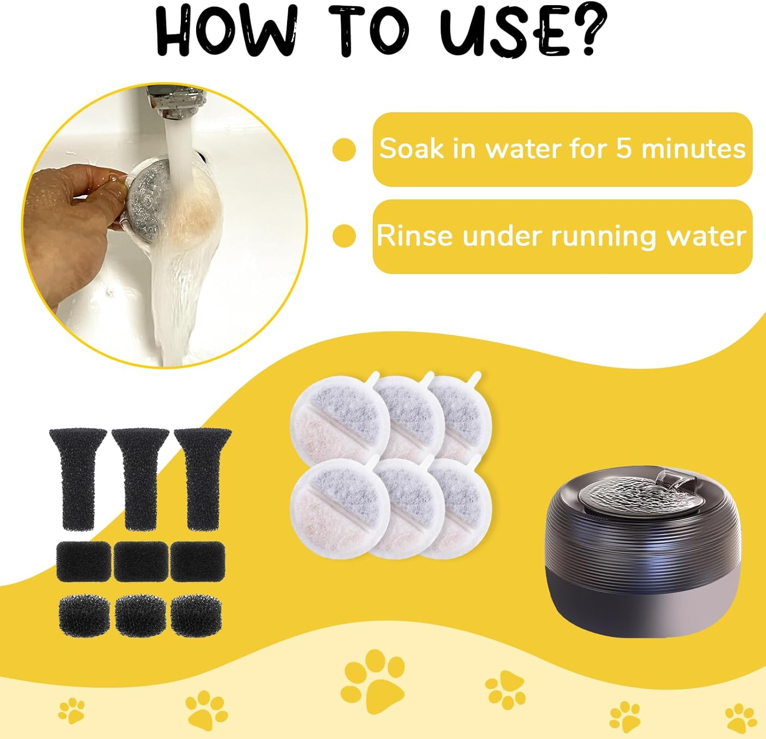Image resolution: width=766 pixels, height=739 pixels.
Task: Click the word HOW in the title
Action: tap(225, 32)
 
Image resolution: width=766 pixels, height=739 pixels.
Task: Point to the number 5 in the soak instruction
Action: tap(624, 149)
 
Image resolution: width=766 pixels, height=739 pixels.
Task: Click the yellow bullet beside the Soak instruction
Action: tap(344, 149)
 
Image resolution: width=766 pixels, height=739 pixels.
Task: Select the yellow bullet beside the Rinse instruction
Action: tap(344, 236)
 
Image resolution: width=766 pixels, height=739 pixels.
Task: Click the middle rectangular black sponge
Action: tap(140, 561)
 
